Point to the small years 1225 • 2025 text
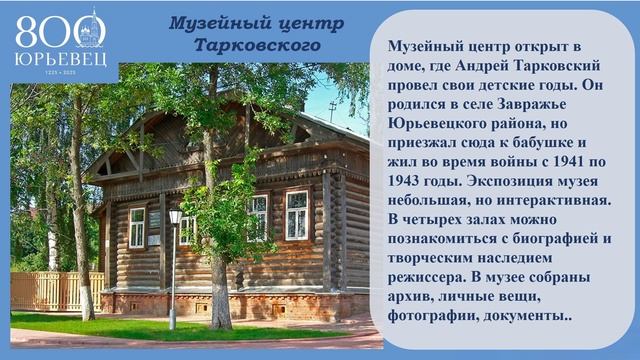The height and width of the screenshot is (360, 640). click(58, 72)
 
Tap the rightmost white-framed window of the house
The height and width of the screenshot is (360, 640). click(297, 214)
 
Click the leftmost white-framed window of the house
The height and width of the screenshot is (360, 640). click(137, 227)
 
